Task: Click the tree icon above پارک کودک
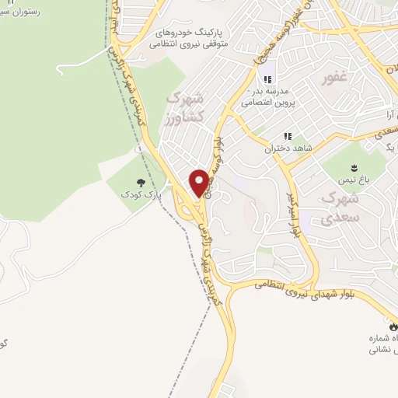[141, 182]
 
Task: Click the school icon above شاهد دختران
[288, 137]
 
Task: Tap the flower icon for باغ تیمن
[354, 167]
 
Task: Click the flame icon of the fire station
[392, 328]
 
